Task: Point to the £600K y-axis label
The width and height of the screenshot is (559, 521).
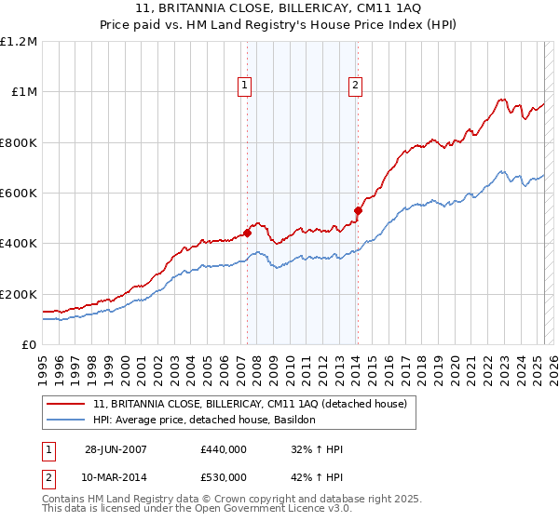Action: pyautogui.click(x=19, y=194)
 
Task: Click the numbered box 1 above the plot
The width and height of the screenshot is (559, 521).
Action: pyautogui.click(x=244, y=87)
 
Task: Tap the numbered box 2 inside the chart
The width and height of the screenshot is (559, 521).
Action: pyautogui.click(x=355, y=87)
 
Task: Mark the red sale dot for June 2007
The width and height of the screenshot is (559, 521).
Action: pyautogui.click(x=248, y=234)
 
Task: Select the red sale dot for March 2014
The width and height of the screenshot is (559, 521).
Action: pyautogui.click(x=358, y=210)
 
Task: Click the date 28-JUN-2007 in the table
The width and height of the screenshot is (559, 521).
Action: pyautogui.click(x=116, y=450)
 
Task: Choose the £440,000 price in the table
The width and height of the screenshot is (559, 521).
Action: pyautogui.click(x=223, y=450)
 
